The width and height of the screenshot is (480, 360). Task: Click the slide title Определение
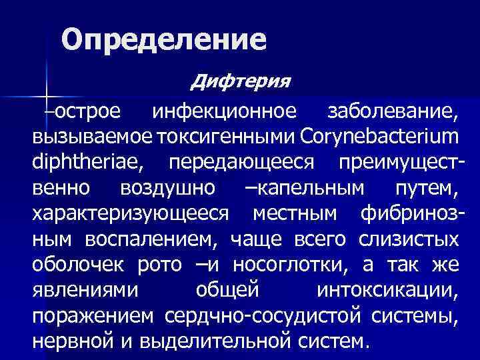pos(164,40)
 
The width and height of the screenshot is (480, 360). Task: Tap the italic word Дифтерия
pos(240,82)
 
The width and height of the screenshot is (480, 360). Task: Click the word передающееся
pos(245,162)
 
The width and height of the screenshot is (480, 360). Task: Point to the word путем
pos(425,188)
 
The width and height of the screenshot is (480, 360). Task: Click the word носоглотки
pos(310,264)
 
